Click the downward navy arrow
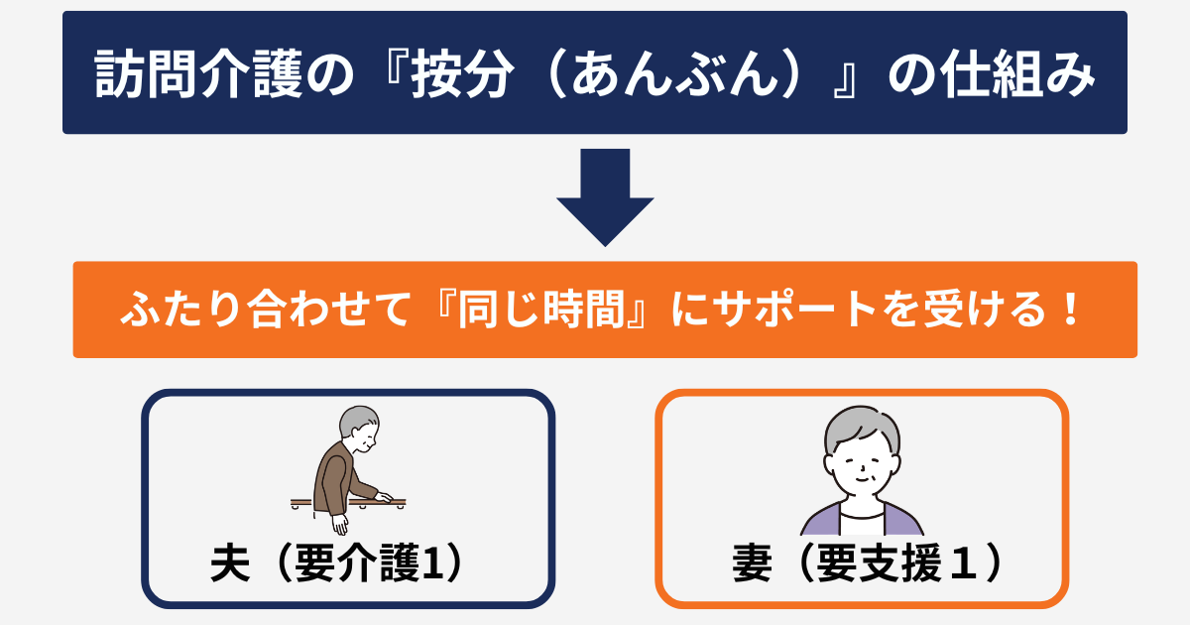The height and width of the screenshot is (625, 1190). point(605,197)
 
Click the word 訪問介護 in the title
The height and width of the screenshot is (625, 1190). point(198,73)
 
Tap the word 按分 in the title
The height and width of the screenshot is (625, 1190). point(463,73)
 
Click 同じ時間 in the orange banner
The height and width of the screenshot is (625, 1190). point(541,310)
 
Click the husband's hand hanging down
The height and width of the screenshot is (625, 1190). point(340,524)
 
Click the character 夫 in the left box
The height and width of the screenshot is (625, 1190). point(230,563)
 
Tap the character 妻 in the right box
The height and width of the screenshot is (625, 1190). point(753,563)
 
